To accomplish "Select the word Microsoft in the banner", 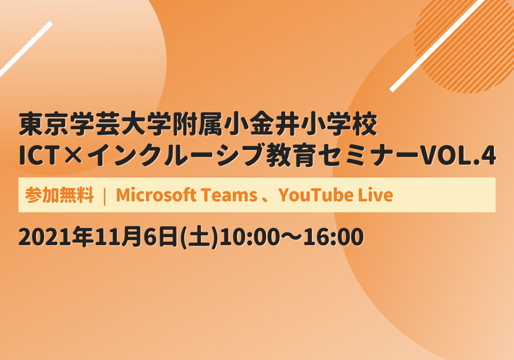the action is click(x=156, y=195).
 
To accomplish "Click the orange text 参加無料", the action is click(x=59, y=195).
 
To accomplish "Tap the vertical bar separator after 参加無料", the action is click(x=105, y=195).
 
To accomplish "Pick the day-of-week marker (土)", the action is click(x=199, y=237).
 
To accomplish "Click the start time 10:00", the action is click(x=248, y=237).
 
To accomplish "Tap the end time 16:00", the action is click(x=333, y=237).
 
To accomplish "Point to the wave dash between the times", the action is click(x=290, y=237).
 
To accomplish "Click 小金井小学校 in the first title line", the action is click(x=301, y=124).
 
